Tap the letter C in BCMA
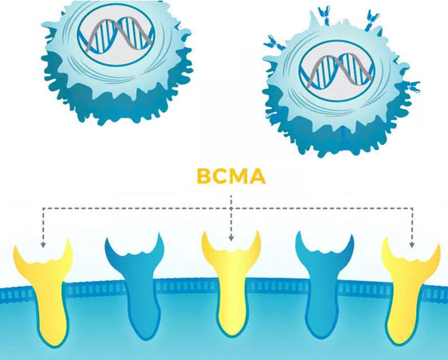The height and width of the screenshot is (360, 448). click(220, 178)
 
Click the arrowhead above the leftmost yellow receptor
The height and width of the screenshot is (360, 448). click(43, 243)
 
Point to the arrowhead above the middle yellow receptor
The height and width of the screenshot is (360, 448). click(231, 238)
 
